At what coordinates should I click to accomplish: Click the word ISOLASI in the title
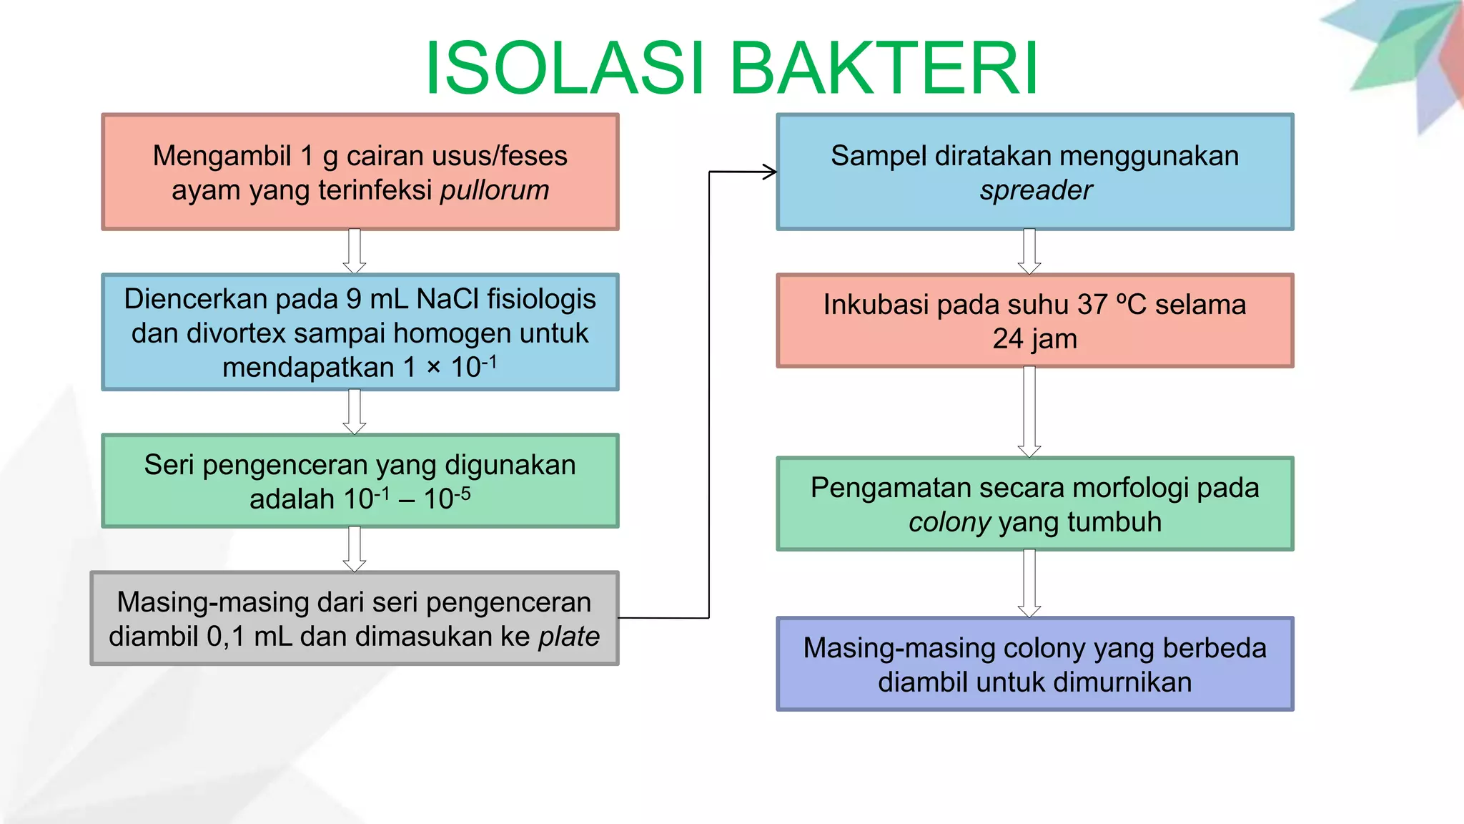[565, 69]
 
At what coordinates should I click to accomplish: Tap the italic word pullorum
[495, 190]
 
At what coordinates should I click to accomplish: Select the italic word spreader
[1035, 190]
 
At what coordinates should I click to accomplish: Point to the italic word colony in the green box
[949, 522]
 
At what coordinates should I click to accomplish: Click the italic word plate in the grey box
[569, 637]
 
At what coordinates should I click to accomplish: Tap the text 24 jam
[1034, 339]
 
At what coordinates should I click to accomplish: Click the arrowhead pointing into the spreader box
[770, 172]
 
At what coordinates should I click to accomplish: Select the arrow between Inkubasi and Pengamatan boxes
[1029, 412]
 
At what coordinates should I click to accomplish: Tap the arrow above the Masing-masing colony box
[1029, 584]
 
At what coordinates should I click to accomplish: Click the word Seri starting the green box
[169, 465]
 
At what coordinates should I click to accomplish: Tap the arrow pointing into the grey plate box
[355, 549]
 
